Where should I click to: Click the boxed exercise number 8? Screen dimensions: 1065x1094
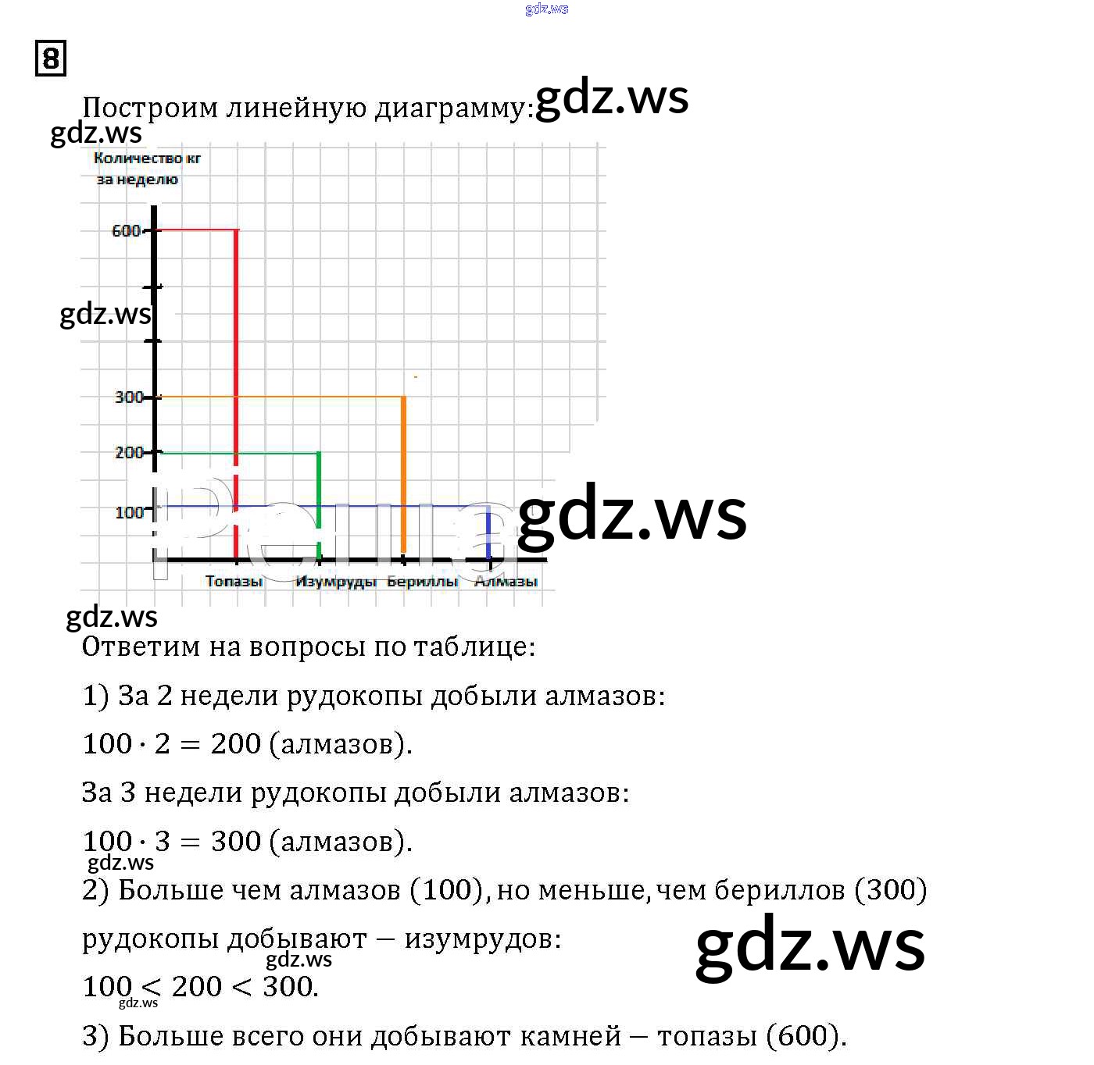(x=51, y=59)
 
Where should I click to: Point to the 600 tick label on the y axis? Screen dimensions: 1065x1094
(x=126, y=230)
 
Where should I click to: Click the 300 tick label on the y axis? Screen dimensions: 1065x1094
(x=129, y=397)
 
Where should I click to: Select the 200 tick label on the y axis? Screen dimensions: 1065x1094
(x=129, y=452)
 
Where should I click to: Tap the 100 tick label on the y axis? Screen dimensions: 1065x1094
(x=129, y=512)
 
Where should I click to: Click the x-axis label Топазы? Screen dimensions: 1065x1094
(x=234, y=581)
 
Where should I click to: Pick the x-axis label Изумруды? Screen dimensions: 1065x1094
(x=336, y=581)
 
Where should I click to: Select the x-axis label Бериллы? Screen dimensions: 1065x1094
(x=422, y=581)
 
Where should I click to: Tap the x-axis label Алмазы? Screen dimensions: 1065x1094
(x=506, y=581)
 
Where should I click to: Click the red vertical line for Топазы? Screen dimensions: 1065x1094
(x=236, y=351)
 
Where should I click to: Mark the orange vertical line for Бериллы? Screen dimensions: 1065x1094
(x=403, y=468)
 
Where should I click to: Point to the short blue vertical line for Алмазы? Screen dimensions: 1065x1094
(x=488, y=531)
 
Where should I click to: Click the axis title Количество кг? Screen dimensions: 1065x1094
(x=147, y=158)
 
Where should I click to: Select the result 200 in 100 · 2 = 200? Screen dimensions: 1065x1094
(x=235, y=744)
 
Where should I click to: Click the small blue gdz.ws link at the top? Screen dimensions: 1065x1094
(x=547, y=9)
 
